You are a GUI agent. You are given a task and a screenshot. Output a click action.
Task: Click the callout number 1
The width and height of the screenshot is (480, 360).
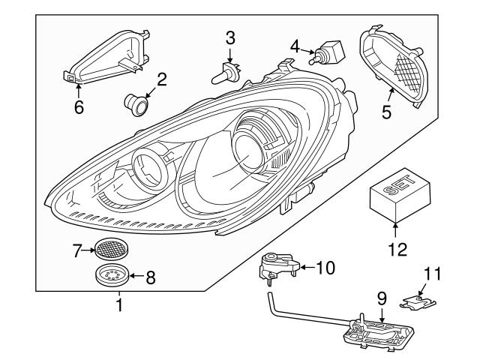(117, 305)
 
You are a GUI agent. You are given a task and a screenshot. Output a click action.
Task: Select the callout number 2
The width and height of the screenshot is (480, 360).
(160, 79)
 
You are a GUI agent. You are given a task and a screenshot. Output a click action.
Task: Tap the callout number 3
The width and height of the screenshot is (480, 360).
(230, 37)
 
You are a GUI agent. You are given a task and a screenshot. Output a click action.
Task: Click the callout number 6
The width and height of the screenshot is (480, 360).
(79, 106)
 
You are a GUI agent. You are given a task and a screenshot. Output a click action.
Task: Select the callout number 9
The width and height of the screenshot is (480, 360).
(381, 299)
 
